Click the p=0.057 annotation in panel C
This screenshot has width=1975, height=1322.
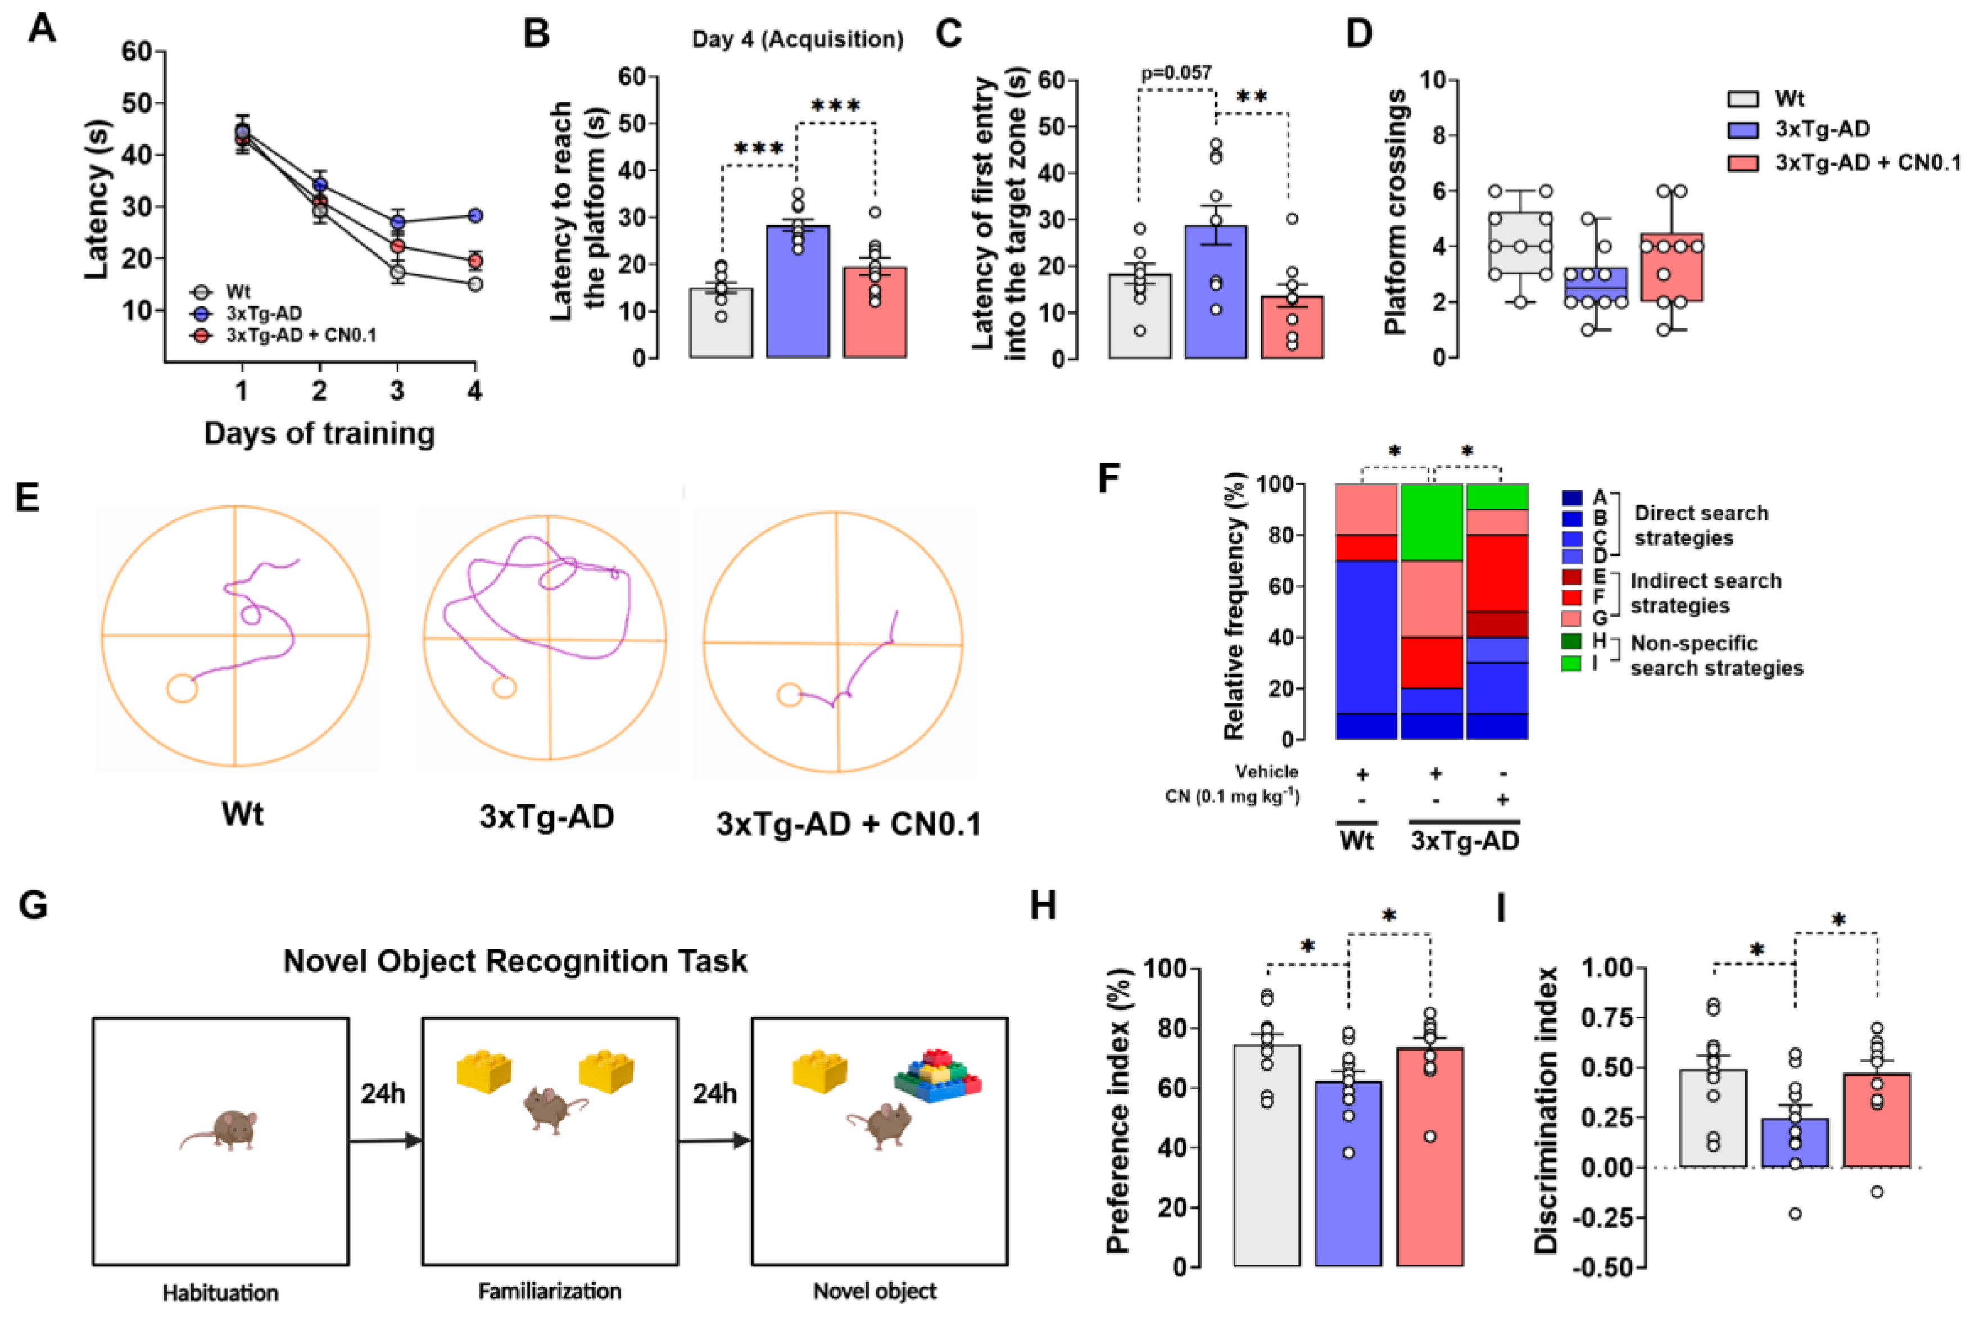click(x=1176, y=73)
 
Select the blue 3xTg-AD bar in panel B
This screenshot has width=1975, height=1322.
click(x=798, y=295)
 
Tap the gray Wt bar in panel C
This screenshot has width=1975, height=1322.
click(x=1140, y=320)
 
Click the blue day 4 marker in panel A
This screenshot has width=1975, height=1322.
click(x=475, y=216)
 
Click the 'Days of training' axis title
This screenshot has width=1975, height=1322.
click(x=319, y=433)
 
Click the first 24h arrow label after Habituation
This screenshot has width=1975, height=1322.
click(x=383, y=1094)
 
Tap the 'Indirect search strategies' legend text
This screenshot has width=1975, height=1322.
click(x=1705, y=592)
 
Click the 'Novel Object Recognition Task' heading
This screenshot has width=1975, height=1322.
click(x=515, y=961)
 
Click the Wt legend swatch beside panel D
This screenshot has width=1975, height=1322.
click(x=1742, y=99)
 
